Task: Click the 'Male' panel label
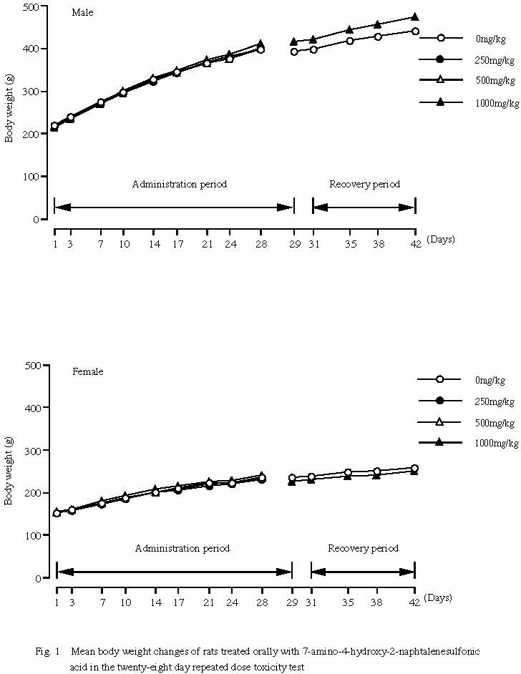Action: pyautogui.click(x=82, y=13)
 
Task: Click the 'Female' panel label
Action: pyautogui.click(x=87, y=371)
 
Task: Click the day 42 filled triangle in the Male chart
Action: pyautogui.click(x=415, y=16)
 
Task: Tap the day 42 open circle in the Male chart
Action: pyautogui.click(x=415, y=31)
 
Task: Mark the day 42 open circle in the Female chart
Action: pyautogui.click(x=415, y=468)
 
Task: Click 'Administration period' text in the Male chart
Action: pyautogui.click(x=179, y=184)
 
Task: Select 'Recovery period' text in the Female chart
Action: pyautogui.click(x=363, y=549)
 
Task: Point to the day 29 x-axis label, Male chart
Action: pyautogui.click(x=293, y=244)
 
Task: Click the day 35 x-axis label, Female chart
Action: pyautogui.click(x=348, y=602)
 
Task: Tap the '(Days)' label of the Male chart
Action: pyautogui.click(x=440, y=239)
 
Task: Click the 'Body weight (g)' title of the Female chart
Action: pyautogui.click(x=9, y=471)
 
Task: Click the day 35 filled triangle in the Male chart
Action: pyautogui.click(x=349, y=29)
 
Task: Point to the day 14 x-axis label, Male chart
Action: pyautogui.click(x=153, y=244)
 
